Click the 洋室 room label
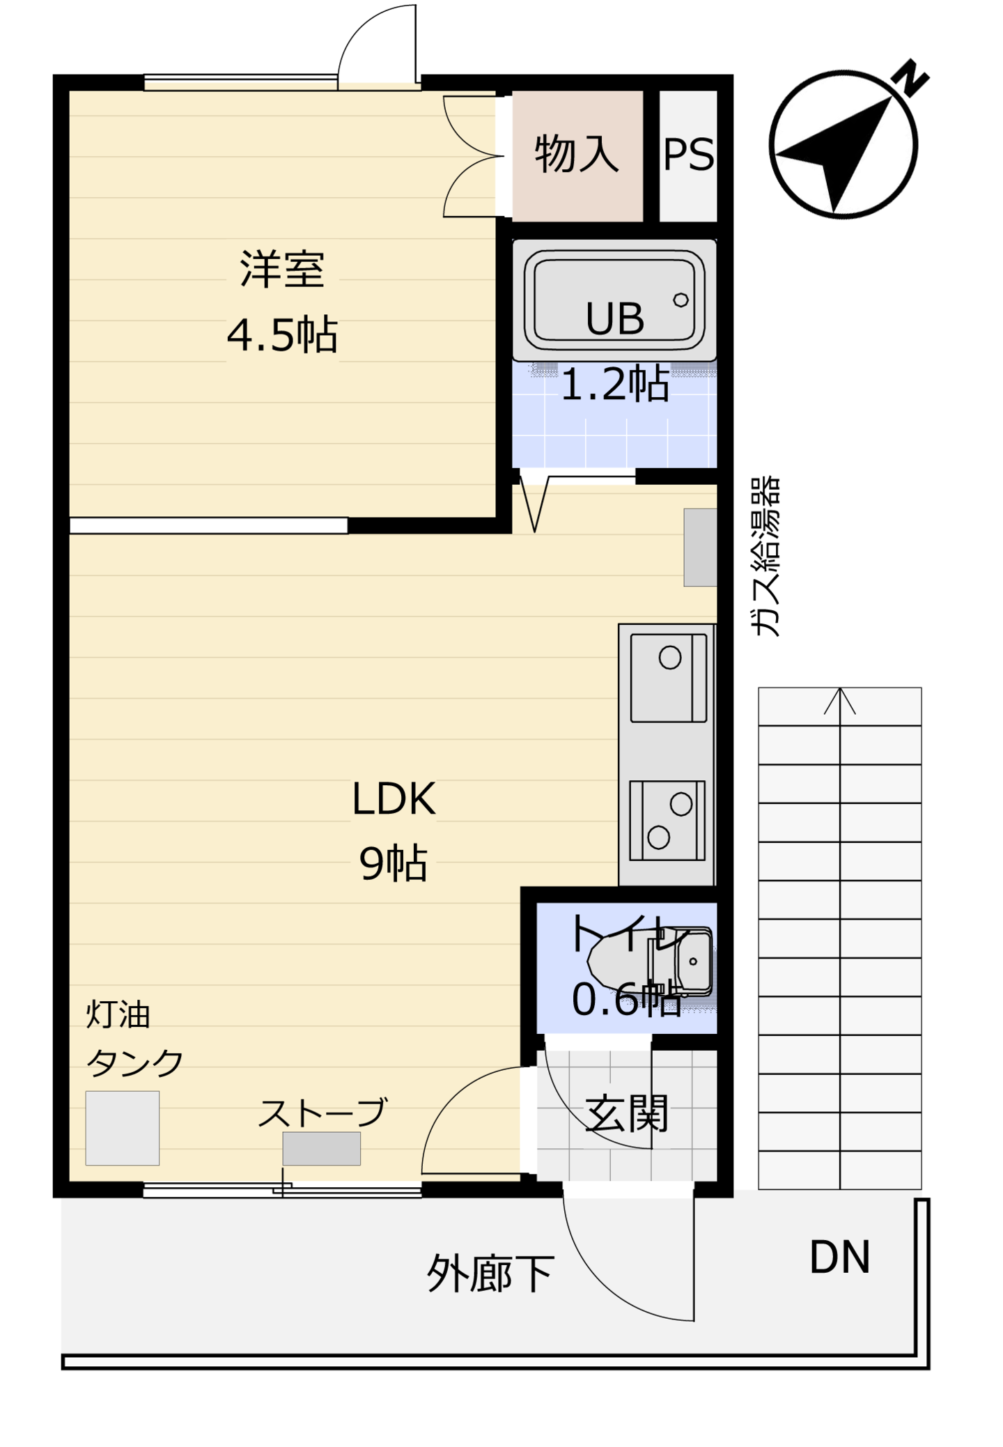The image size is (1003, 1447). coord(282,269)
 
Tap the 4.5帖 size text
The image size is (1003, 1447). coord(282,334)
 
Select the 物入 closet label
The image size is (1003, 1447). coord(577,153)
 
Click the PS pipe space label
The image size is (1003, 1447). coord(688,154)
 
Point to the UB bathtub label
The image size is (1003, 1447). coord(615,319)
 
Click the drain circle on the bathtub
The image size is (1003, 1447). coord(681,300)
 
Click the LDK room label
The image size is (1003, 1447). coord(394,798)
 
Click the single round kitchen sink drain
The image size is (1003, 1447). coord(670,658)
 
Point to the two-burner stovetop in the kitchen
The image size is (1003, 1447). coord(667,821)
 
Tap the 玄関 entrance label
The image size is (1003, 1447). coord(627,1113)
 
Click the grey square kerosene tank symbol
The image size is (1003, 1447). coord(123,1128)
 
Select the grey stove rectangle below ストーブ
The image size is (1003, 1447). coord(321,1148)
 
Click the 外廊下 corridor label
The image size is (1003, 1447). coord(490,1274)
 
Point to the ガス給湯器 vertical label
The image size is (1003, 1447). coord(765,557)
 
